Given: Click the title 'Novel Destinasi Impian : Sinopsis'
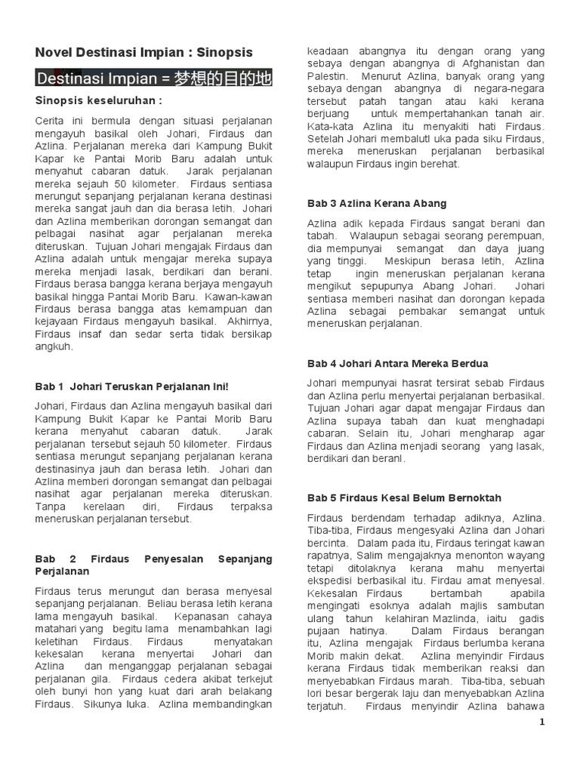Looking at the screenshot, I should [x=144, y=52].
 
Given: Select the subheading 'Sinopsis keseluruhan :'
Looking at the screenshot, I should [x=99, y=101].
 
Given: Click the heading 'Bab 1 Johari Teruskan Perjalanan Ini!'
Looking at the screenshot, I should [x=131, y=386].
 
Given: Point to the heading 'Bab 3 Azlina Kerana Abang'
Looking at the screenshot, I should [x=377, y=203].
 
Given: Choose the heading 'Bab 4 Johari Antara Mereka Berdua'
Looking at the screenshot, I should [x=398, y=363].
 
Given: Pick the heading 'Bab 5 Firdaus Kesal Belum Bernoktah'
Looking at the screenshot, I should [x=404, y=497].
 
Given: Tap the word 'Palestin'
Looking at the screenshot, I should [x=326, y=76].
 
